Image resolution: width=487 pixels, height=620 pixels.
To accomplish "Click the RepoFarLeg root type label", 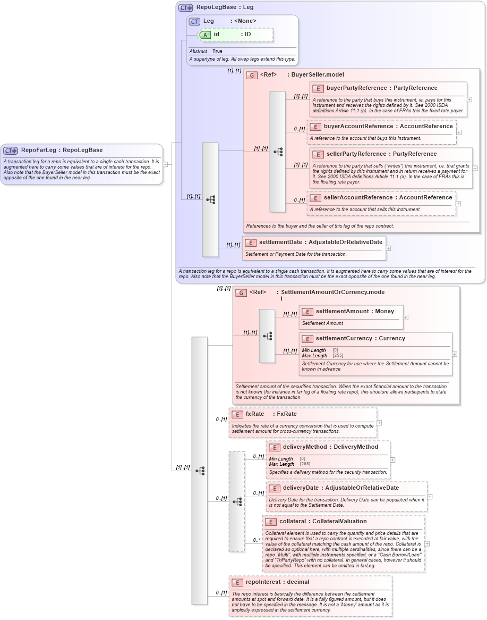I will click(x=62, y=150).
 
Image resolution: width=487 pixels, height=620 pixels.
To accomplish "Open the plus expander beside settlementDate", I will click(x=388, y=248).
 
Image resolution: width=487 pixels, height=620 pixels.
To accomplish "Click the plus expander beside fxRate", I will click(x=379, y=423).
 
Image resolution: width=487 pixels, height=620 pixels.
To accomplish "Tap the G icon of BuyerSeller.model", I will click(x=252, y=75).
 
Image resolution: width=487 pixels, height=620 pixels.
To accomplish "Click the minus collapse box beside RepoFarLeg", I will click(x=166, y=164).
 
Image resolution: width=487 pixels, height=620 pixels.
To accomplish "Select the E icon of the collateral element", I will click(x=270, y=522).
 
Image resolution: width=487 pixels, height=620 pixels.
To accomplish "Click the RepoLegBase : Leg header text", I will click(x=225, y=7).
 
